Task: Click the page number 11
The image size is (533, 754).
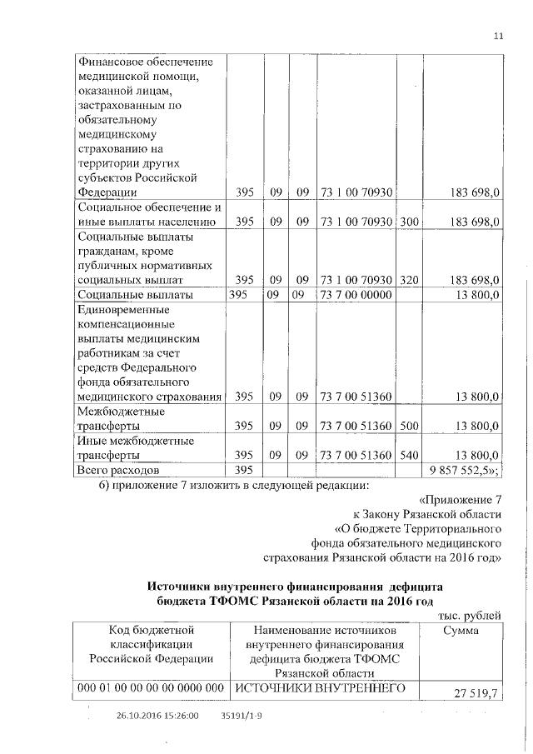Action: (499, 36)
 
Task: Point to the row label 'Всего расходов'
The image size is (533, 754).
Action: (117, 471)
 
